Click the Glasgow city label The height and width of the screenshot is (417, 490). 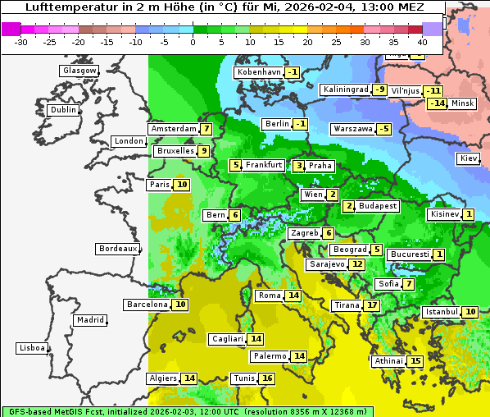point(79,71)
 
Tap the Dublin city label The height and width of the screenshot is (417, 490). point(62,110)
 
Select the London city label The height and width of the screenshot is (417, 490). point(129,141)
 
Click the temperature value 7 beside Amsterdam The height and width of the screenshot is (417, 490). point(206,129)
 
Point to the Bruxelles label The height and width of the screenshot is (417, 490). point(175,151)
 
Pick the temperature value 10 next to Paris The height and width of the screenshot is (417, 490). point(182,185)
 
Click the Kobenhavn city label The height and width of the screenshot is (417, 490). point(258,72)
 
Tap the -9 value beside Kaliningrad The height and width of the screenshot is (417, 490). point(379,89)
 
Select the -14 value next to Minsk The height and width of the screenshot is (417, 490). point(438,103)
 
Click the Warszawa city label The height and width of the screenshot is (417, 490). point(352,129)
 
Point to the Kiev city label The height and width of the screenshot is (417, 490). point(469,158)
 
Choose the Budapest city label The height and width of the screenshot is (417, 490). point(378,206)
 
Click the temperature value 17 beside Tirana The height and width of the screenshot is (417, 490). point(372,305)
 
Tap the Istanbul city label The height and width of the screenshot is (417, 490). point(442,312)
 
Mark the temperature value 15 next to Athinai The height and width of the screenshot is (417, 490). point(415,361)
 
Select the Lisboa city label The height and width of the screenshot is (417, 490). point(31,348)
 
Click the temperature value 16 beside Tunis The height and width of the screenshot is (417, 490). point(267,378)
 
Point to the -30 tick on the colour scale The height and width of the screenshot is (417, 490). point(21,42)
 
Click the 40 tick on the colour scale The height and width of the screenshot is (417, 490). point(422,42)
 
